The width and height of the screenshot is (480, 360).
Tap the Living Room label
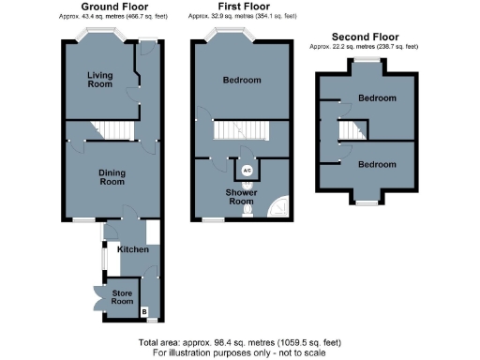[100, 79]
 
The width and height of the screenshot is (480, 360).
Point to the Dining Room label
[112, 177]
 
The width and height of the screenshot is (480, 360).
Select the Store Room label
[122, 297]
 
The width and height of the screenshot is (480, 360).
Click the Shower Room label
[242, 198]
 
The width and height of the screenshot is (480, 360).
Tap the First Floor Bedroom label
[241, 81]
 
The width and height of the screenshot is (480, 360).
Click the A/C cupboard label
[247, 170]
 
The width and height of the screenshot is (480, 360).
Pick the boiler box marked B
[143, 310]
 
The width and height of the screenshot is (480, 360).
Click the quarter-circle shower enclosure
[277, 206]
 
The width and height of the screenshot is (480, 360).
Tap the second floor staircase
[350, 131]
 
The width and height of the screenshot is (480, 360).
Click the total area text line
[240, 343]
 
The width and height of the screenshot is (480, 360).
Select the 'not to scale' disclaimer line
[240, 353]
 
